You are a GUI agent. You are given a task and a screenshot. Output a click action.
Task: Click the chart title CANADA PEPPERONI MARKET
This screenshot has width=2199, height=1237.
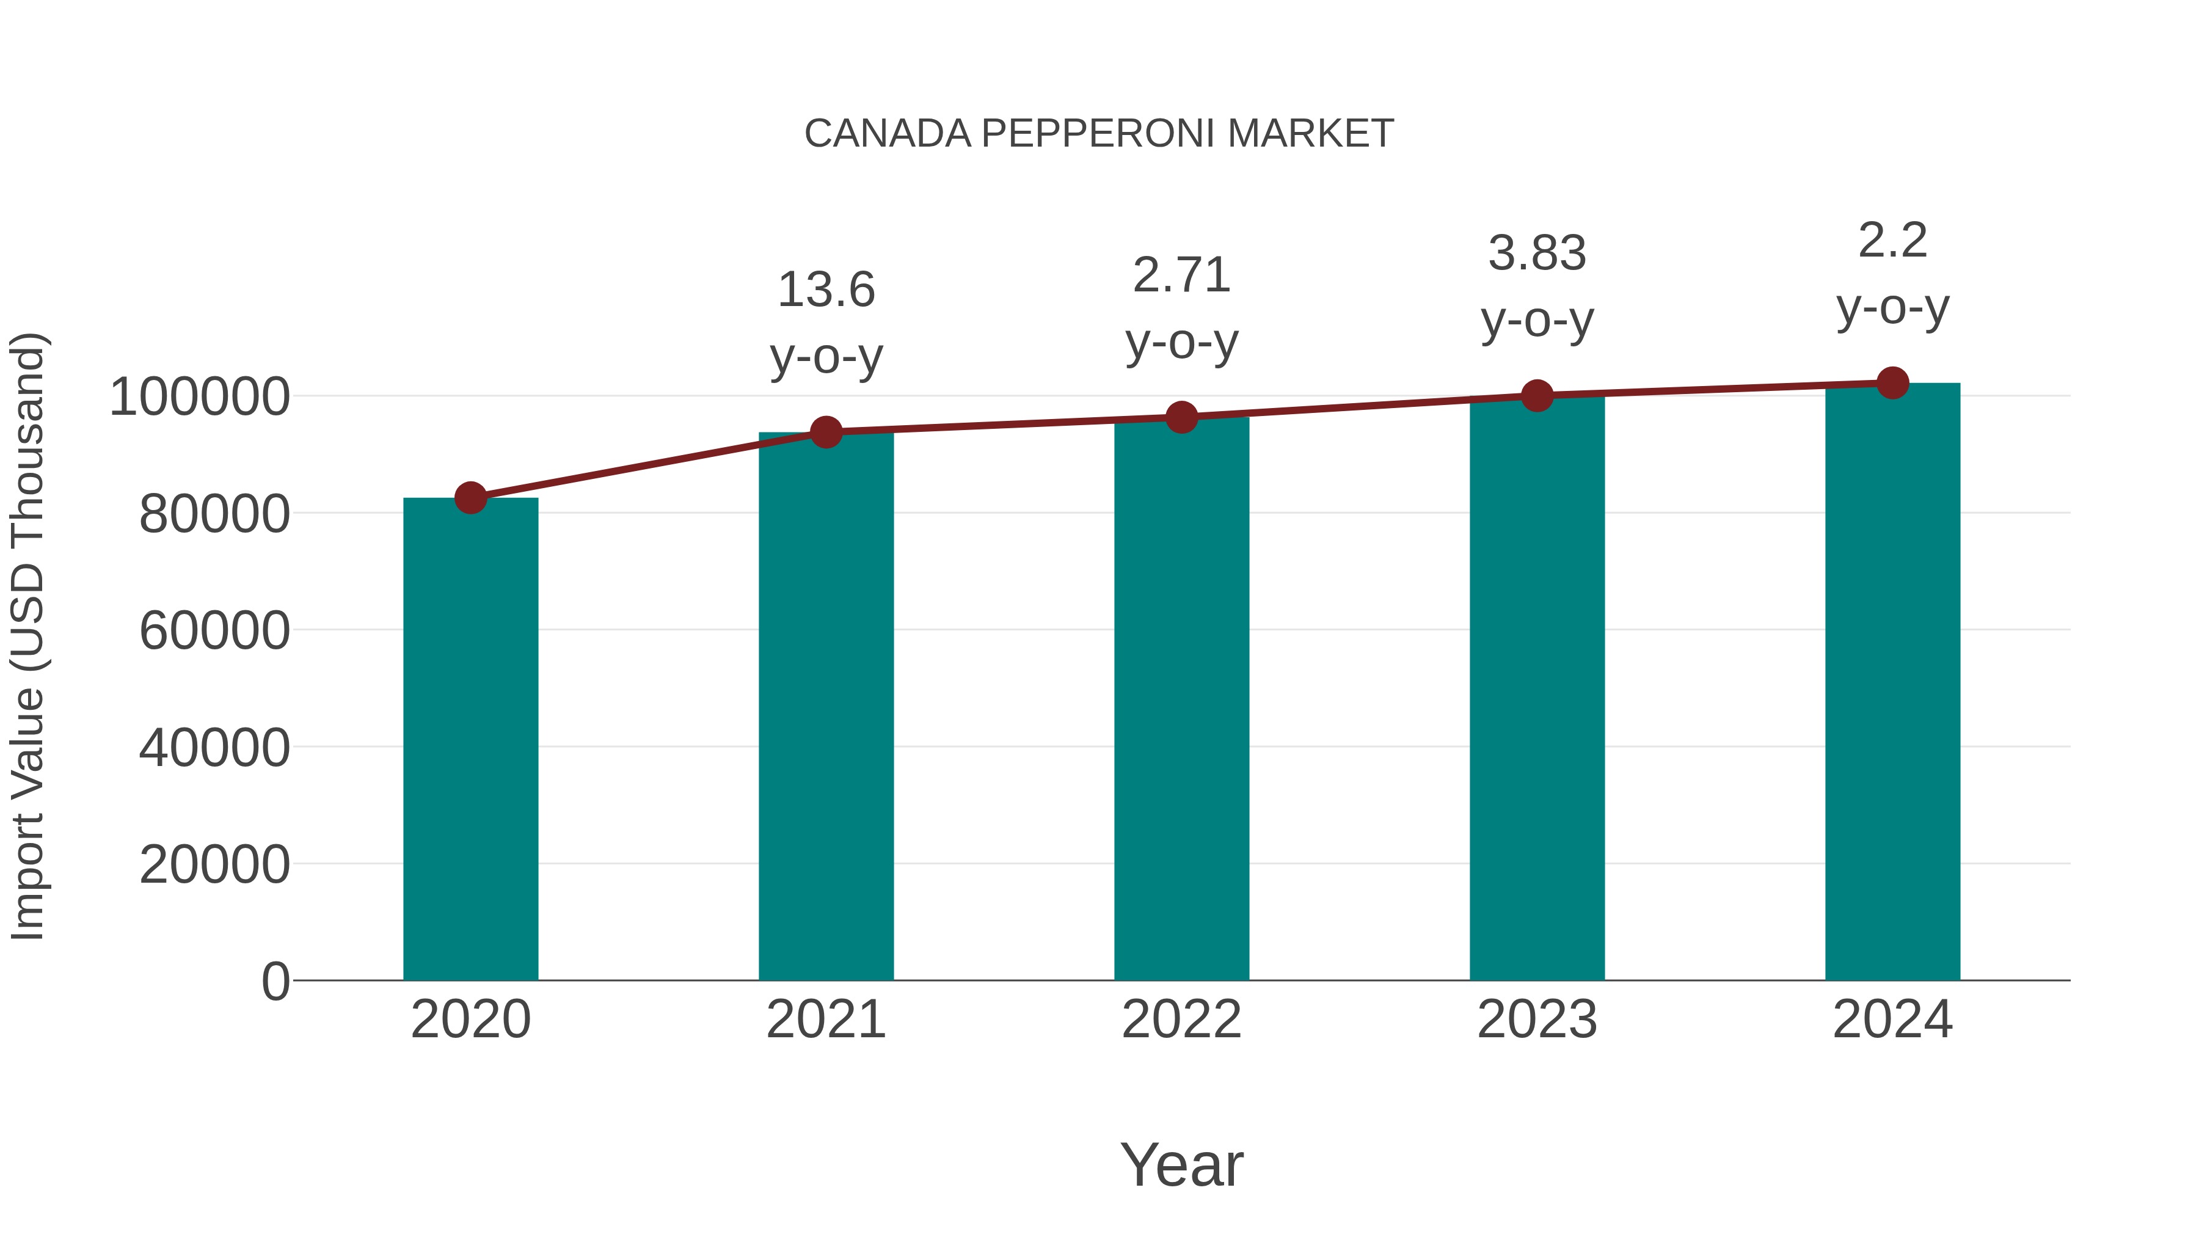point(1099,134)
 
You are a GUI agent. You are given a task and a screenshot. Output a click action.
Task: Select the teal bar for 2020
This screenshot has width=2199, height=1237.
point(470,739)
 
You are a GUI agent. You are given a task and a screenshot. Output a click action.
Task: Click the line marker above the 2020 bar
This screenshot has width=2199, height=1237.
point(470,498)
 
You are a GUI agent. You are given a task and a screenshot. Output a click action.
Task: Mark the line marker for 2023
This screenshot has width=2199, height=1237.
point(1537,395)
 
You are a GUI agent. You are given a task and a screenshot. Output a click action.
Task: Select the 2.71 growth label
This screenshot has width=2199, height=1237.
point(1181,275)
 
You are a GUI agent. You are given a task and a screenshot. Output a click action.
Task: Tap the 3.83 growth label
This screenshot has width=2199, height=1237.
point(1537,254)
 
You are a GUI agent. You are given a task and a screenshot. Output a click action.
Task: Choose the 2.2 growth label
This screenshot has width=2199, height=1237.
point(1892,240)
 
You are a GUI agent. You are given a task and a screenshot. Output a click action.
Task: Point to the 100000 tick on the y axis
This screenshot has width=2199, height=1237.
point(200,397)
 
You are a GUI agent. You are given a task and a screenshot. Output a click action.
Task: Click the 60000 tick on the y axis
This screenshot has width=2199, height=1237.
point(214,631)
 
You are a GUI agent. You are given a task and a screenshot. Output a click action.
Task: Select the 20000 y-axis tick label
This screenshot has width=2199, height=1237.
point(214,865)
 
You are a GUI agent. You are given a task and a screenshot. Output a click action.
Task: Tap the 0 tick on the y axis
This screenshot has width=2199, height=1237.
point(275,981)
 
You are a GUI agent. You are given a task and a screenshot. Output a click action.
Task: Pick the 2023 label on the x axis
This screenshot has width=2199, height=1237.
point(1537,1020)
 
